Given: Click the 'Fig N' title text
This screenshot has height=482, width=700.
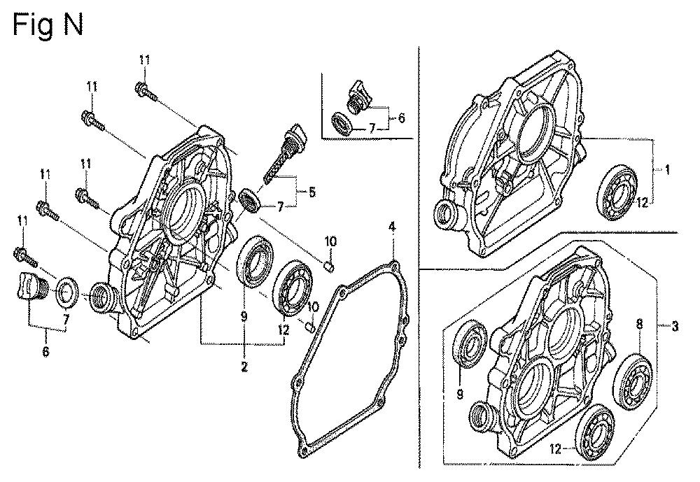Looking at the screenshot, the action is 48,24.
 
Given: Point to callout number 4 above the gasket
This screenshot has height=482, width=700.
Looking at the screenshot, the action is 392,227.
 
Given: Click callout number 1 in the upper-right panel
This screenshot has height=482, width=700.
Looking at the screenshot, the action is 667,169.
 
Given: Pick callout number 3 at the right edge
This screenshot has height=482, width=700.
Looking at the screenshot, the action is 674,327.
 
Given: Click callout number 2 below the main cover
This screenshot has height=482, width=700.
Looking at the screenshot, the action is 244,367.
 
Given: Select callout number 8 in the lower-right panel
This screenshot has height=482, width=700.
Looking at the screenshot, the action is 639,324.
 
